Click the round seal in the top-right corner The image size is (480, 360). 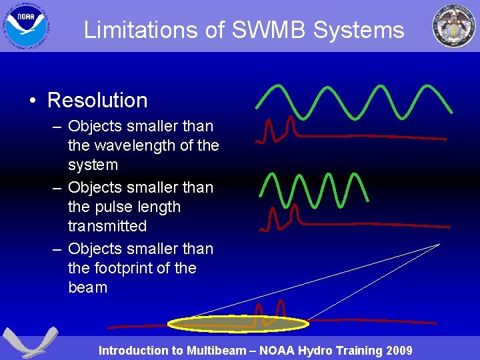point(454,27)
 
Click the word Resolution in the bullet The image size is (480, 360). point(97,100)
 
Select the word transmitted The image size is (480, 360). point(107,226)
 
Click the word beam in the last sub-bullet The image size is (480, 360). point(87,287)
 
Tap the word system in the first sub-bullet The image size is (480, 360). point(93,165)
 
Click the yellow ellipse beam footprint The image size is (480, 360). point(238,324)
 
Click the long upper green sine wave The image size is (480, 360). point(353,100)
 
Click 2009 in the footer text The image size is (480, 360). point(397,351)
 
